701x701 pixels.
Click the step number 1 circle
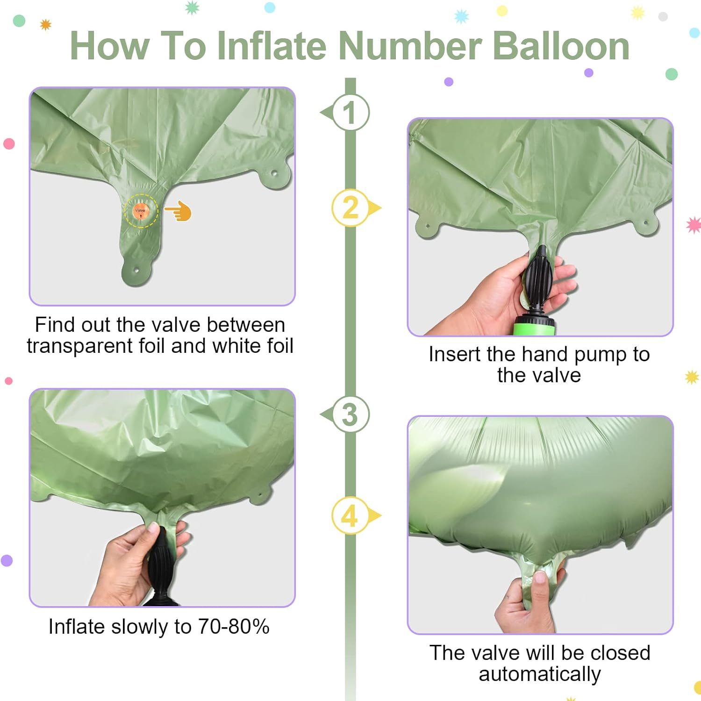tap(350, 113)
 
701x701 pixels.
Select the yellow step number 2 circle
tap(350, 207)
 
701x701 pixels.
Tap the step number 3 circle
tap(350, 415)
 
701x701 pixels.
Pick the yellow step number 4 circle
tap(350, 516)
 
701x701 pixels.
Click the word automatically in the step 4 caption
tap(540, 674)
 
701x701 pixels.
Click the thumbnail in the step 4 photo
tap(540, 578)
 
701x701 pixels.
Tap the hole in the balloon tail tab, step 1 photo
tap(137, 270)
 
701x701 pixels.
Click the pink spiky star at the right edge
tap(694, 225)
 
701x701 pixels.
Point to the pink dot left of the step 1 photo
tap(9, 144)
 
